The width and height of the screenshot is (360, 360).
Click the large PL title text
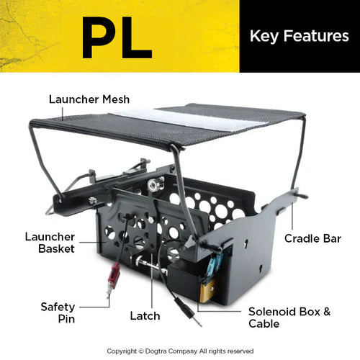(x=117, y=37)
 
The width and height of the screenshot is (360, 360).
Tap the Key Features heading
(x=300, y=37)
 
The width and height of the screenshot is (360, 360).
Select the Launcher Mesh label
(x=89, y=99)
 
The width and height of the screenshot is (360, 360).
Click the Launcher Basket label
(x=50, y=243)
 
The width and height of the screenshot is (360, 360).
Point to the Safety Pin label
(x=58, y=313)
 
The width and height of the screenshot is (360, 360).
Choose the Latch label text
(x=145, y=316)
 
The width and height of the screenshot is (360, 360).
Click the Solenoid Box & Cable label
(x=289, y=318)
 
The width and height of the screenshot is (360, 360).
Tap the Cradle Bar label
(x=312, y=238)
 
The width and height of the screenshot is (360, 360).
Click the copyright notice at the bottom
(x=180, y=351)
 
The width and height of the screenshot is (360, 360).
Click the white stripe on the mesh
(x=189, y=120)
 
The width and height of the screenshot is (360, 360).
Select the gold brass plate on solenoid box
(x=207, y=291)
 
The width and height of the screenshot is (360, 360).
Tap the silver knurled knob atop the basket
(x=153, y=185)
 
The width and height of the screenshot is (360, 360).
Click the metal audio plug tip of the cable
(x=196, y=320)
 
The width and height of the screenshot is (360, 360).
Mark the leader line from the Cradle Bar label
(x=292, y=216)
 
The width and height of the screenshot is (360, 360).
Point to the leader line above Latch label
(x=152, y=281)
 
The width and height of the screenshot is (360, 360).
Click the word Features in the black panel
(x=316, y=36)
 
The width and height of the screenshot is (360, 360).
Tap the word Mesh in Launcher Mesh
(x=116, y=99)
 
